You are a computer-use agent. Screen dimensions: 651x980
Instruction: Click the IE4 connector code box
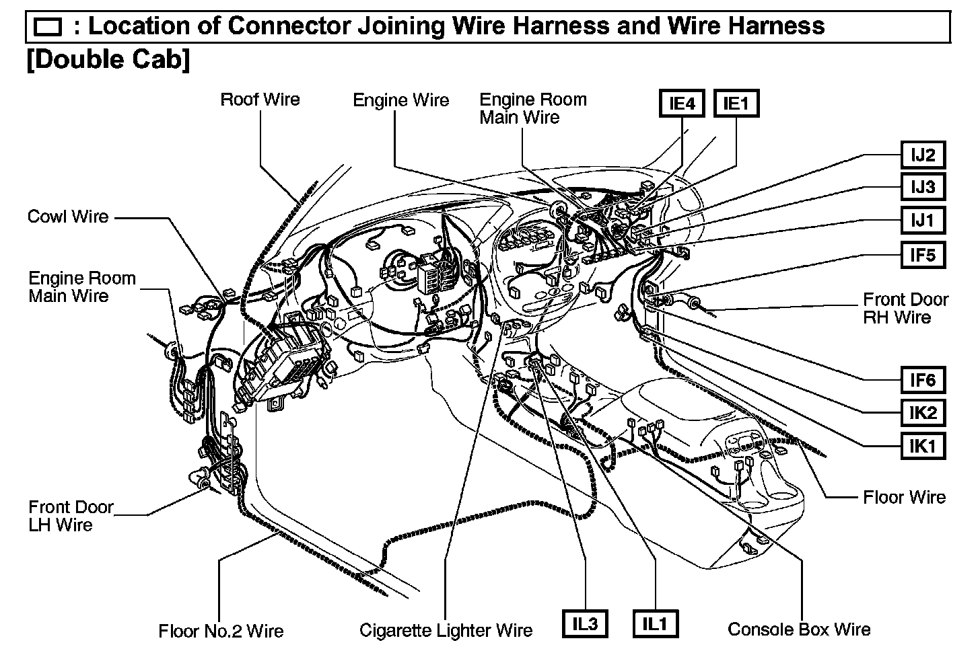coord(682,104)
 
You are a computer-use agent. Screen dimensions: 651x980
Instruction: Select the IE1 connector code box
coord(736,104)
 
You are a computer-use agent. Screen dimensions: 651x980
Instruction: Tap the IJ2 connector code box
coord(923,155)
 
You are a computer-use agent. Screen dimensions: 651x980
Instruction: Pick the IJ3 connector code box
coord(923,187)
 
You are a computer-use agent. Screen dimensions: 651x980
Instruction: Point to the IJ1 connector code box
coord(923,220)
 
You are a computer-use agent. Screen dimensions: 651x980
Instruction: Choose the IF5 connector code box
coord(923,255)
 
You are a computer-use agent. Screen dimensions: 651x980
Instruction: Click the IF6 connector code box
coord(923,380)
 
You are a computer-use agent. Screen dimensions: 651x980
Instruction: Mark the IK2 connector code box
coord(923,412)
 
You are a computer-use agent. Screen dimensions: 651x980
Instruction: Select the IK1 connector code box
coord(923,445)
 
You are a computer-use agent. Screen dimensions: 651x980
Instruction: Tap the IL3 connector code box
coord(585,624)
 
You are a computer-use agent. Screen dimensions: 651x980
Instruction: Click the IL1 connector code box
coord(655,624)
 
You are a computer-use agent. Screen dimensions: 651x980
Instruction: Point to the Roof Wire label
coord(260,100)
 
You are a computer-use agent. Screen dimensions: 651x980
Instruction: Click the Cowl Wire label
coord(68,217)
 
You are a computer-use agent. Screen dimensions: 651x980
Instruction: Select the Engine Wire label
coord(400,100)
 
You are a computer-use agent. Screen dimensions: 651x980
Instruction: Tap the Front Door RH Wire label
coord(905,308)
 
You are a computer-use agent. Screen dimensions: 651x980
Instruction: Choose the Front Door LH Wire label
coord(71,516)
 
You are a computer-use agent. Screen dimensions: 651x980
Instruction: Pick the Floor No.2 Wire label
coord(221,631)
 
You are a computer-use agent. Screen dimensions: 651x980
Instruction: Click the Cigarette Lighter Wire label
coord(446,630)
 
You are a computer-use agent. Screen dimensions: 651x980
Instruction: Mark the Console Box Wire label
coord(799,629)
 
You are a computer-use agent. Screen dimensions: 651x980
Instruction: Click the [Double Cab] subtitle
coord(108,59)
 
